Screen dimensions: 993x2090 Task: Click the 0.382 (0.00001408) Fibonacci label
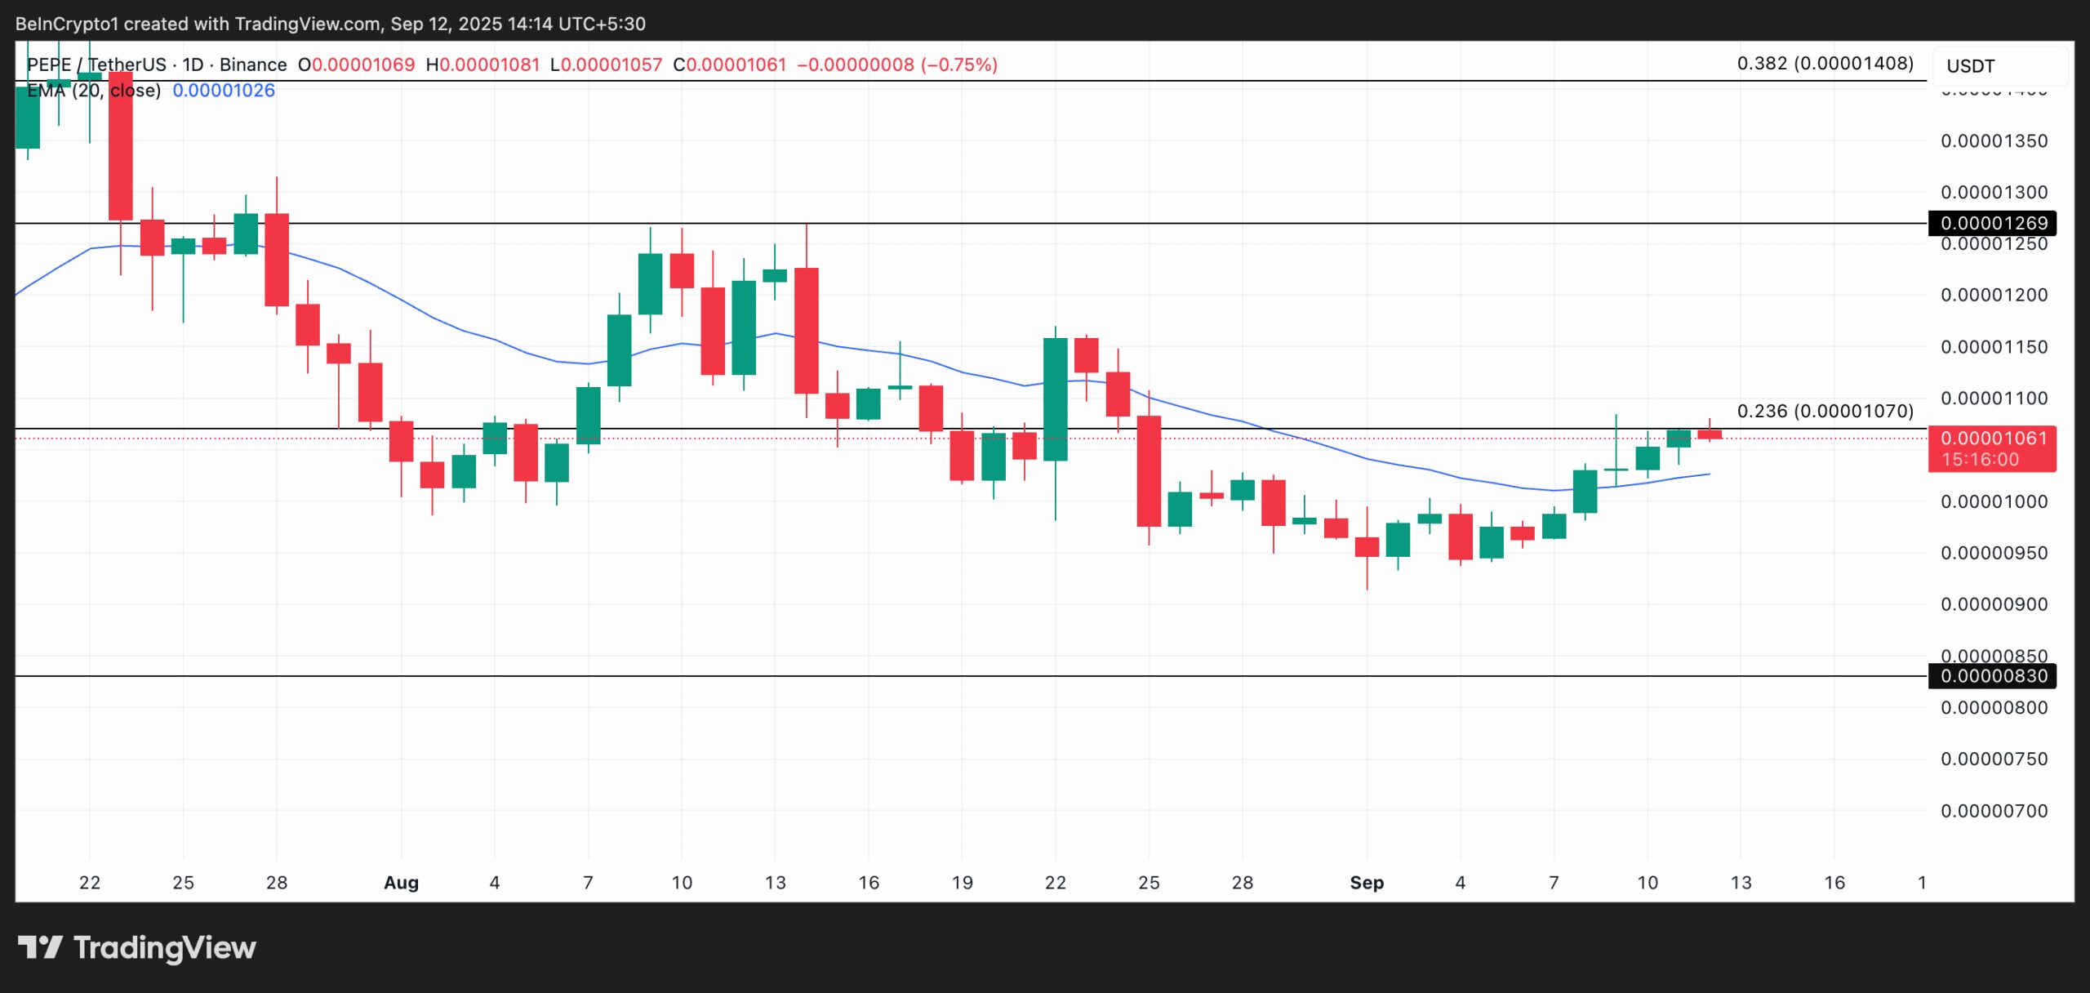1825,64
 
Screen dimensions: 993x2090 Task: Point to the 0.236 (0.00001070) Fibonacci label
1825,411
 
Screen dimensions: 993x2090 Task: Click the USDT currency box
1970,66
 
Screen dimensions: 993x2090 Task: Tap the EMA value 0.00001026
224,91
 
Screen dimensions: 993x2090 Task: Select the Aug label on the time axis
401,883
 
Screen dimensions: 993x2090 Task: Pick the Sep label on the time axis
1367,883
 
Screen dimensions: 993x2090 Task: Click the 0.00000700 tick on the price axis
1994,811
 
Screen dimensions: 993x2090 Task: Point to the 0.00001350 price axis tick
1994,141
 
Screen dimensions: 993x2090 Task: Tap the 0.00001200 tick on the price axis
1994,295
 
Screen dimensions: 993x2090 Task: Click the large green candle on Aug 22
1056,399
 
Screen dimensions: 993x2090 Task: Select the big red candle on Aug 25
1149,470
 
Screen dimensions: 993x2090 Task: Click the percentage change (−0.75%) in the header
959,65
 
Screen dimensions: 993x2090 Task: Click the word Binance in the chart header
253,65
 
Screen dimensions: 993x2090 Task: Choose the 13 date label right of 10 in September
1741,883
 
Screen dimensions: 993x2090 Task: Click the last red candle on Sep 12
1710,434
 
